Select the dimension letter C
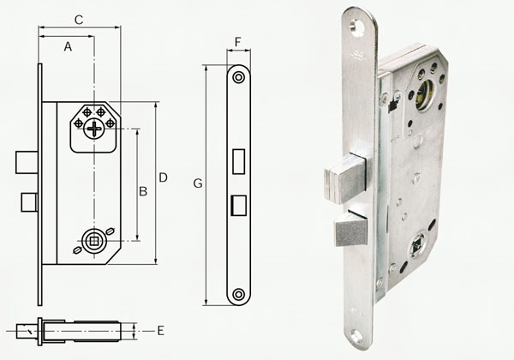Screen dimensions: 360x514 click(79, 19)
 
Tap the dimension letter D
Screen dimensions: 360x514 click(163, 177)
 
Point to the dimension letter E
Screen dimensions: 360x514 click(159, 329)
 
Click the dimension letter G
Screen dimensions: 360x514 click(198, 183)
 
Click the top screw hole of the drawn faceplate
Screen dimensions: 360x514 click(238, 77)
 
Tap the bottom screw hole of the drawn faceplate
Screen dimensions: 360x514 click(238, 295)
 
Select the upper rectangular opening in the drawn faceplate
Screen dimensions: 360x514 click(238, 159)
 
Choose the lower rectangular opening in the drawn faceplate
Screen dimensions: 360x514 click(238, 203)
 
